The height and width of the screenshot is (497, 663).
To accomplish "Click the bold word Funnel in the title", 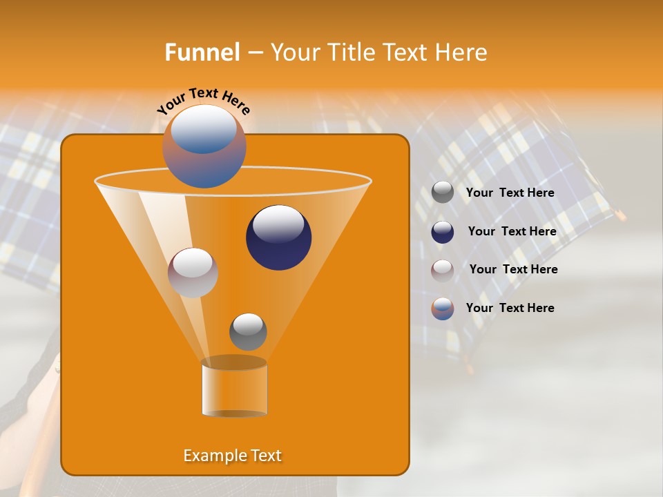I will [x=202, y=52].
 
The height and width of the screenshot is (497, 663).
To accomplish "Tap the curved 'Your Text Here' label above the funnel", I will [x=204, y=101].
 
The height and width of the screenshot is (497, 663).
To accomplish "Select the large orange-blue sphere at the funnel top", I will [x=204, y=146].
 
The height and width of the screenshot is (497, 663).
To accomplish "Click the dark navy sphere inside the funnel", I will [x=278, y=237].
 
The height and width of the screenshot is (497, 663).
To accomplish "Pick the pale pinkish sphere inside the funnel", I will [x=193, y=273].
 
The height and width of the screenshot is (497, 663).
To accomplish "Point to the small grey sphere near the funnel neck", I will [x=248, y=332].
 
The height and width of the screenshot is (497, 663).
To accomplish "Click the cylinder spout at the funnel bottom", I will [x=234, y=387].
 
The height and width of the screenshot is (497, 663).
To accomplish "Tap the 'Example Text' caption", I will [x=232, y=456].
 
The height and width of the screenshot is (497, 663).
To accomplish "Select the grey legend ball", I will [x=443, y=193].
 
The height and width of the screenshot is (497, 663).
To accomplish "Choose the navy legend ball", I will [x=443, y=232].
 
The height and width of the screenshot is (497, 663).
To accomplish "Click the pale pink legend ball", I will [x=443, y=270].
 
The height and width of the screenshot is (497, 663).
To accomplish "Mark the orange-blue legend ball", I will [x=443, y=309].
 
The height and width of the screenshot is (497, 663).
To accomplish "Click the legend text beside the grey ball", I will [x=510, y=193].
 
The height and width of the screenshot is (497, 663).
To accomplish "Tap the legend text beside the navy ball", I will [x=512, y=232].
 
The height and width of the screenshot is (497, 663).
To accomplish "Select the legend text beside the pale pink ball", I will [x=513, y=270].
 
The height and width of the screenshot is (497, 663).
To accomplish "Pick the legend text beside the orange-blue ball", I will [x=510, y=309].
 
